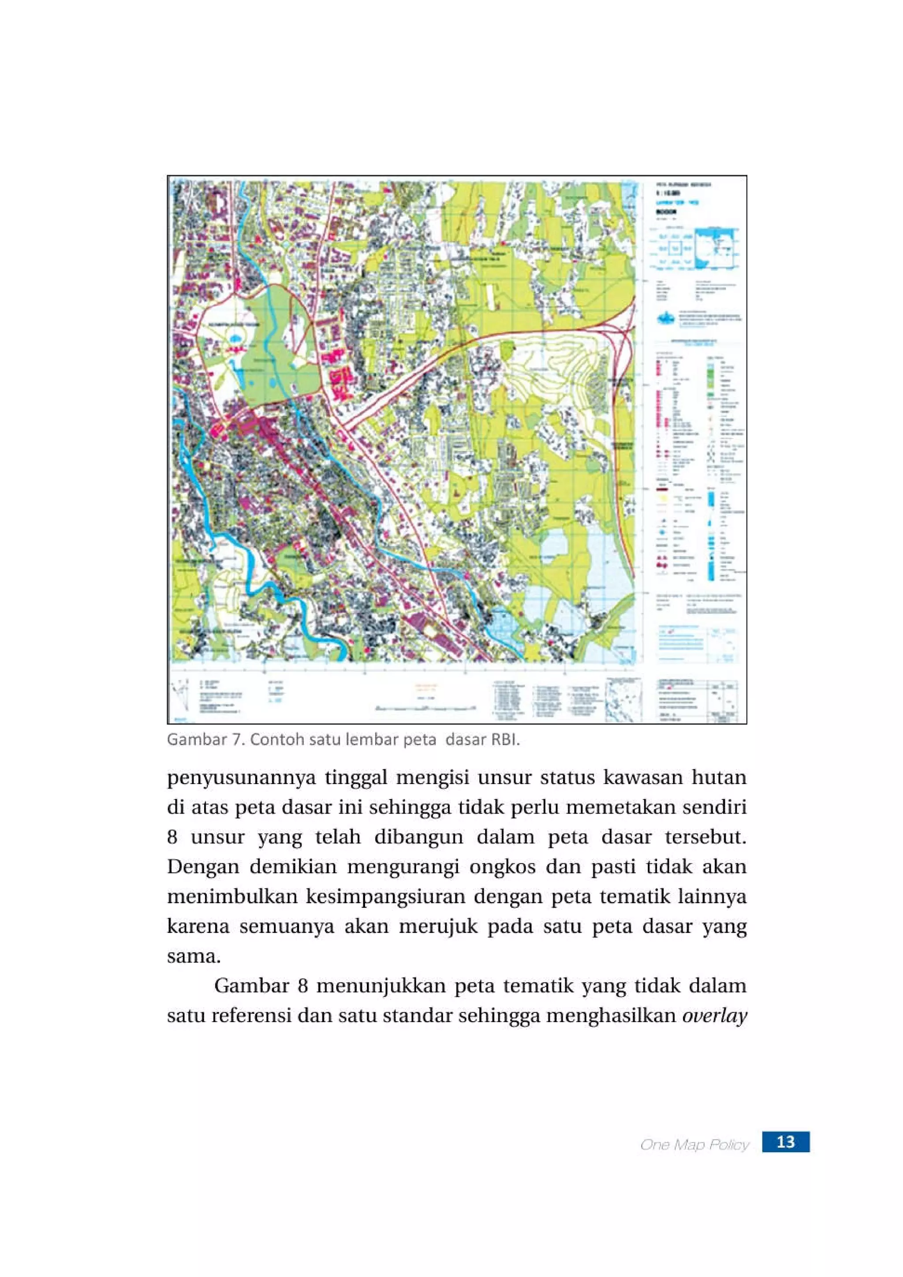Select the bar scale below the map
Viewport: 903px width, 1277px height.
(x=426, y=708)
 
